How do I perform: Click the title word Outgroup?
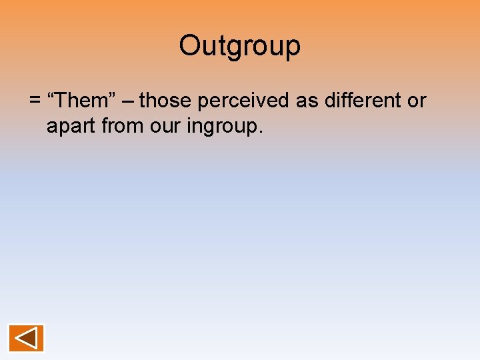[240, 46]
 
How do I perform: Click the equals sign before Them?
[35, 101]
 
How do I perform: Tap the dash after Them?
[127, 101]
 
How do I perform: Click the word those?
[164, 101]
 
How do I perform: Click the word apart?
[72, 125]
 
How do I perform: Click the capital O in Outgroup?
[189, 46]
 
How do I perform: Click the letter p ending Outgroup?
[293, 48]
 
